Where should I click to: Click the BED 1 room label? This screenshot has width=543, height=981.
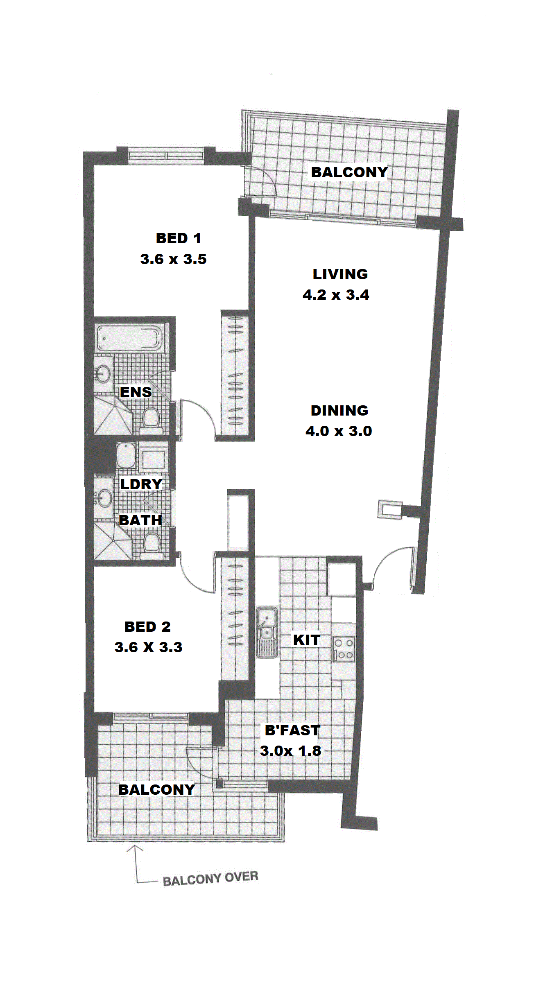point(179,238)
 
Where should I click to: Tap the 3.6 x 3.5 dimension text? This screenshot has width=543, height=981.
point(173,259)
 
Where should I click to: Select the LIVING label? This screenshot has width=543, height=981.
point(340,274)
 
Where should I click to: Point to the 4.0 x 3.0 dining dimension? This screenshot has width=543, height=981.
point(339,431)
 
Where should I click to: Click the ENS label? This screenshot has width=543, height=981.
point(136,392)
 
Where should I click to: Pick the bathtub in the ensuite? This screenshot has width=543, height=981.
point(128,338)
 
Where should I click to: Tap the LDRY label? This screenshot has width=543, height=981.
point(141,484)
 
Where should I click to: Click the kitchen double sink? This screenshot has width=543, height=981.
point(267,632)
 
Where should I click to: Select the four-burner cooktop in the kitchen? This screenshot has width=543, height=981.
point(344,649)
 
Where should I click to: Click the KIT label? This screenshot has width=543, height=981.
point(307,640)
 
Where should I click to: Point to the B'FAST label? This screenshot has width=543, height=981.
point(292,730)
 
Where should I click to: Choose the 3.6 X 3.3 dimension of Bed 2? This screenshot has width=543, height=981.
point(148,647)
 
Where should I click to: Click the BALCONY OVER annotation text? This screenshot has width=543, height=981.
point(210,878)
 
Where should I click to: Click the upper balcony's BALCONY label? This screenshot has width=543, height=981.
point(349,172)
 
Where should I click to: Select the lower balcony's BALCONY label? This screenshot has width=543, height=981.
point(157,790)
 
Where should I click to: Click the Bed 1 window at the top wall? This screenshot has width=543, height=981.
point(166,156)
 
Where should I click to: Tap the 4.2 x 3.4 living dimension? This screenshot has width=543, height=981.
point(336,295)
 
